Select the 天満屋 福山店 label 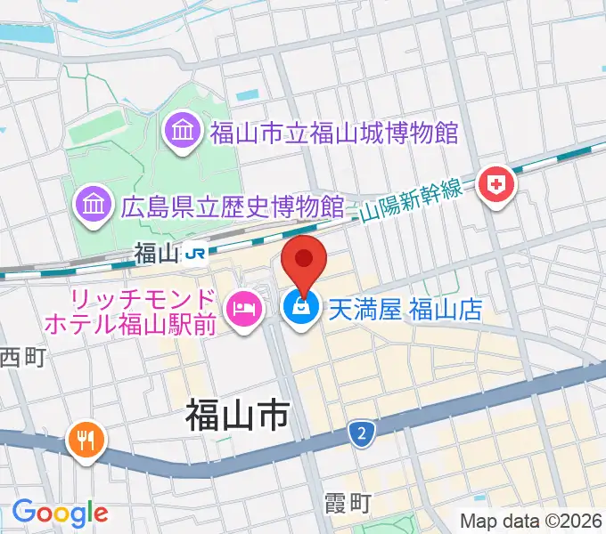405,310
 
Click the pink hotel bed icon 243,310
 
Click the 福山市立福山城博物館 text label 333,134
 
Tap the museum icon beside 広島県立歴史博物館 94,206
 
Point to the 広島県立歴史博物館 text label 232,206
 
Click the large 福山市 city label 238,414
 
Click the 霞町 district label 347,504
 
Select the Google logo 60,513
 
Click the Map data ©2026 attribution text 531,520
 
